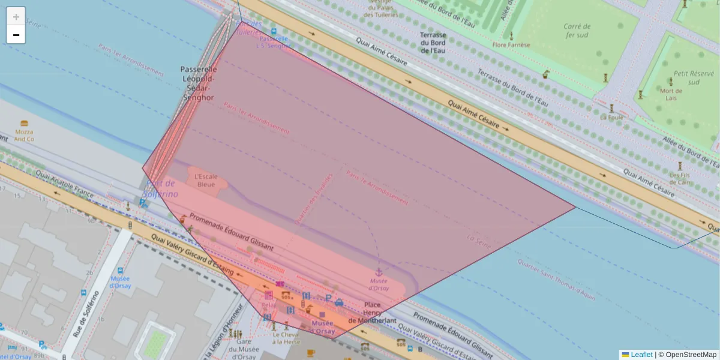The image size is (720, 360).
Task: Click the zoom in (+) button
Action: [16, 17]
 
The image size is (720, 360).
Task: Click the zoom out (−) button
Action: [16, 35]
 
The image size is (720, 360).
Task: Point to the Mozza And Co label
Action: [24, 135]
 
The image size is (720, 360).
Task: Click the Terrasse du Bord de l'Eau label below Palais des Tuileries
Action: [433, 43]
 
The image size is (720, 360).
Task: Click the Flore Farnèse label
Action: [511, 44]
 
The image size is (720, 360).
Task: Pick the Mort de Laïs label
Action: [671, 95]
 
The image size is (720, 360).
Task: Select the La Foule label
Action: [612, 117]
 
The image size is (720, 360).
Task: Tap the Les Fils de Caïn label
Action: [680, 179]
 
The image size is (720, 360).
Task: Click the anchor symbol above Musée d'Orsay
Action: [379, 273]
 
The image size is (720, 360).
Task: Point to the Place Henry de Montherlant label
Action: [373, 312]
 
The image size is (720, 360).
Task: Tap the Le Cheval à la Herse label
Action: [286, 338]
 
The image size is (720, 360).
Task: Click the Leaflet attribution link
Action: [641, 355]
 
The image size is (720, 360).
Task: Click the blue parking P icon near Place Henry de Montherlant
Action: [328, 298]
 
